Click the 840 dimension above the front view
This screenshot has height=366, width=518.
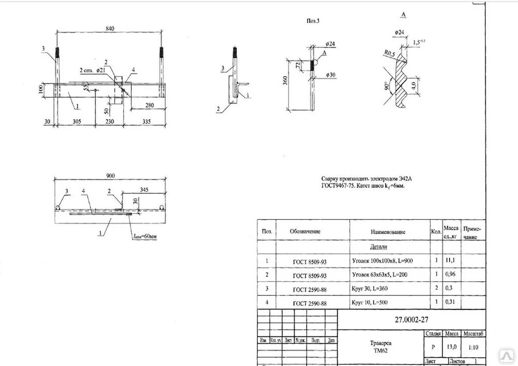pyautogui.click(x=109, y=29)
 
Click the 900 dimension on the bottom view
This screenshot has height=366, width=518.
pyautogui.click(x=110, y=176)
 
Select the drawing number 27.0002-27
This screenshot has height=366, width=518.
pyautogui.click(x=411, y=319)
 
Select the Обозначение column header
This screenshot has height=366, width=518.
pyautogui.click(x=305, y=231)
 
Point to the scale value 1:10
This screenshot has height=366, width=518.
pyautogui.click(x=470, y=347)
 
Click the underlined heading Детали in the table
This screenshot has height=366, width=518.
pyautogui.click(x=378, y=247)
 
